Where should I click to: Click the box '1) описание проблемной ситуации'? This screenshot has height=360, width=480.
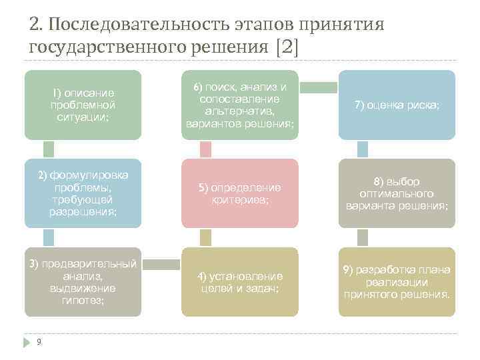pos(83,105)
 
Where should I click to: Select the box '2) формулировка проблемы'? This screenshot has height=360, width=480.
pos(83,193)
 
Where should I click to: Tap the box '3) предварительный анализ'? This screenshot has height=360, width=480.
pos(83,282)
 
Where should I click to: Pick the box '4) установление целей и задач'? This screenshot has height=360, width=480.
pos(239,282)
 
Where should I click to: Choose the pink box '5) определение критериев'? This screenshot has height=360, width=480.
pos(239,193)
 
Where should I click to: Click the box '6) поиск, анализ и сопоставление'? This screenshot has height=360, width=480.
pos(239,105)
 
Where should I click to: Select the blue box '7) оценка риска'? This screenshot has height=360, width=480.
pos(397,105)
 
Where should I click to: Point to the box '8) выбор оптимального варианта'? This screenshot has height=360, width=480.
pos(397,193)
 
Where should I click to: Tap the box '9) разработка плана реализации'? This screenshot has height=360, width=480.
pos(397,282)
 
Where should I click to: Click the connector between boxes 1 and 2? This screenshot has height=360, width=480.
pos(49,149)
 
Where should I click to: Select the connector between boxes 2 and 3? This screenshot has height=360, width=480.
pos(49,237)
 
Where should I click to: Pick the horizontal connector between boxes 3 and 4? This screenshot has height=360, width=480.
pos(161,265)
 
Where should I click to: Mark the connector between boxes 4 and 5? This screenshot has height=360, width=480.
pos(205,237)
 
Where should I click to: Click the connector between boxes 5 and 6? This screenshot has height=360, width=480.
pos(205,149)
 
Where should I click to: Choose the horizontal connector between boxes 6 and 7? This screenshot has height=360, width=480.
pos(318,87)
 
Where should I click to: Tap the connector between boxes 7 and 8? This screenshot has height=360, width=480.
pos(362,149)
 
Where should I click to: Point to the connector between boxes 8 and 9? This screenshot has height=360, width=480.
pos(362,237)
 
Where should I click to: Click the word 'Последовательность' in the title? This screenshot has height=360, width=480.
pos(139,25)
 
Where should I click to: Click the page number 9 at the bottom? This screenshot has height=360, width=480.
pos(39,342)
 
